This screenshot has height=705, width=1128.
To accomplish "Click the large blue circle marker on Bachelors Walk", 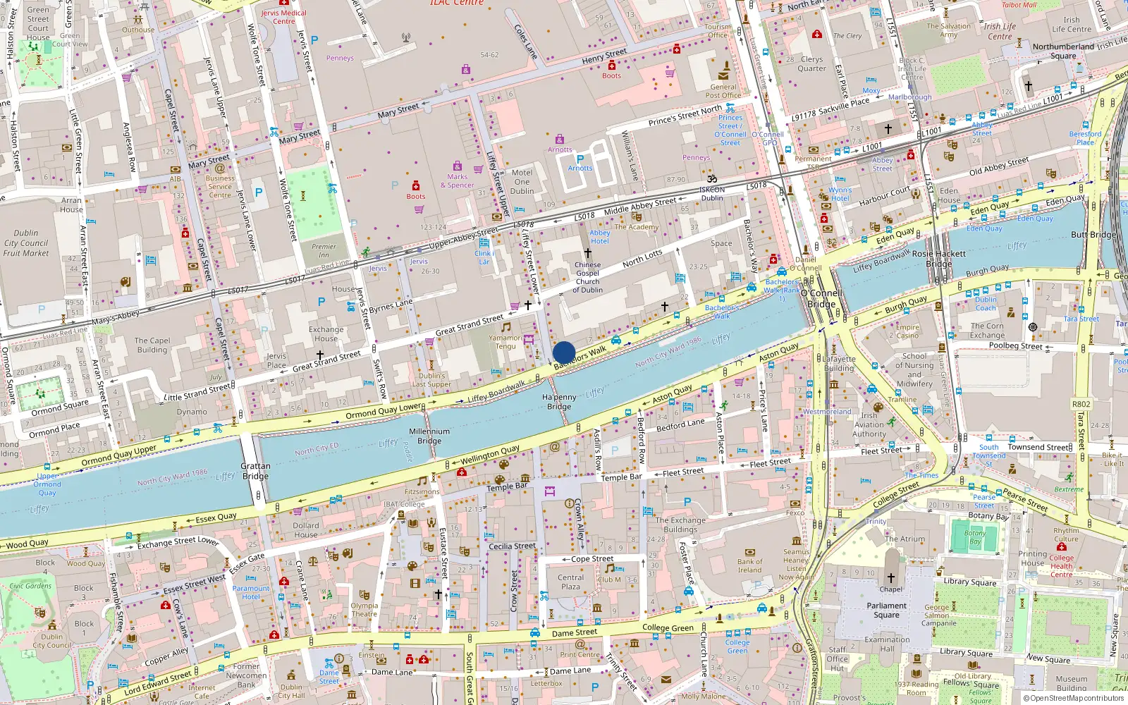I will (x=564, y=352).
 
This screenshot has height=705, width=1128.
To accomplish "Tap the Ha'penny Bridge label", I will (x=559, y=402).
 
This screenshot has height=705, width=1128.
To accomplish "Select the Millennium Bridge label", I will (x=429, y=436).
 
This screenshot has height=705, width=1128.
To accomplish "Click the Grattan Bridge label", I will (x=255, y=471).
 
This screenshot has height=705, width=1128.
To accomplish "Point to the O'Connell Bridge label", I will (x=821, y=298).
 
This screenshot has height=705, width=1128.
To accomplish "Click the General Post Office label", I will (x=723, y=91).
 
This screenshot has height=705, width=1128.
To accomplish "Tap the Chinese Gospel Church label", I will (x=587, y=277).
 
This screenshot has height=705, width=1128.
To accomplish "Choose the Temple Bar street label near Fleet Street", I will (x=621, y=477).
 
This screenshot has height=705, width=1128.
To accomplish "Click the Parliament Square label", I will (x=886, y=610).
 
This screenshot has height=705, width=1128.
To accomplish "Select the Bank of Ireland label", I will (x=749, y=565).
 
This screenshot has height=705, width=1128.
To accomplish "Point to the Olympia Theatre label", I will (x=364, y=610).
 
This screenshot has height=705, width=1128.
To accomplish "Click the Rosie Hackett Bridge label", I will (x=938, y=258).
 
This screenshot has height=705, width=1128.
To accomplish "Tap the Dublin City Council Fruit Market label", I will (x=26, y=243).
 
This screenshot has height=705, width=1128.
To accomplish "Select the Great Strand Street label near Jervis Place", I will (x=326, y=362).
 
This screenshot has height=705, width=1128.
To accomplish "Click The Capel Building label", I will (x=152, y=345).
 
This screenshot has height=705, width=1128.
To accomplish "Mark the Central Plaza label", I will (x=570, y=582).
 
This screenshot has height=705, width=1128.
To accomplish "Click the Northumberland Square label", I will (x=1063, y=51).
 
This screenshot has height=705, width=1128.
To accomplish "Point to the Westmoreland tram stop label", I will (x=827, y=412).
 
